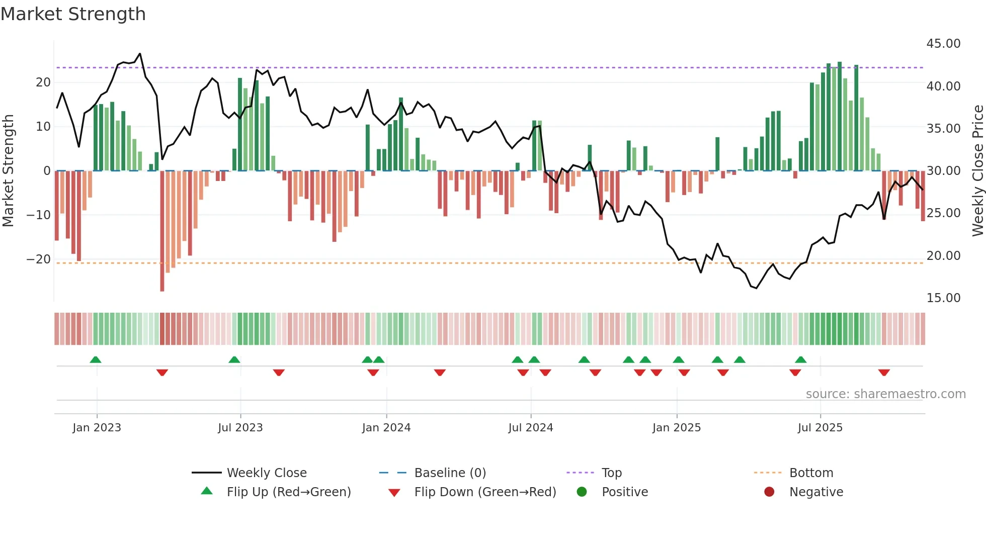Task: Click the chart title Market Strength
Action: [73, 14]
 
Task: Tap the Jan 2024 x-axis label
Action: [386, 428]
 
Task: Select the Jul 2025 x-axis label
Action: [819, 428]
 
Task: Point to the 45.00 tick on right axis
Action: [943, 44]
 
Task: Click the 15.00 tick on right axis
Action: [943, 298]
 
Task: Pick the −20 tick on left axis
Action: [39, 259]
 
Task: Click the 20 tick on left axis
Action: [43, 82]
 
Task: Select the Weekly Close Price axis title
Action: [977, 171]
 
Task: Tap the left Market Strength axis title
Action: [8, 171]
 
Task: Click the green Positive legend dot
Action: [582, 492]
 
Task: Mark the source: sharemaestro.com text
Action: [885, 394]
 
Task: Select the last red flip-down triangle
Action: [884, 373]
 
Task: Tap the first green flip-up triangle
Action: [96, 359]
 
